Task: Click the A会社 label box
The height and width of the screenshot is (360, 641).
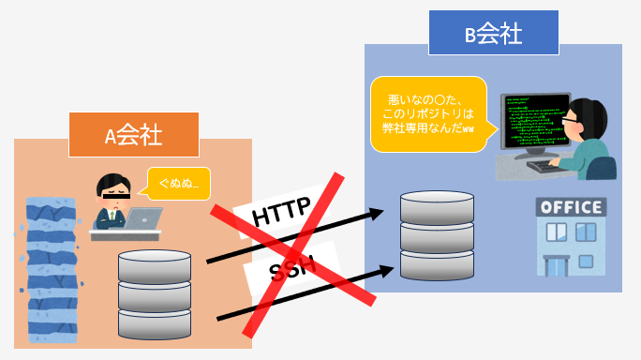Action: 134,135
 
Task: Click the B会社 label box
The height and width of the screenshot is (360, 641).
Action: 494,36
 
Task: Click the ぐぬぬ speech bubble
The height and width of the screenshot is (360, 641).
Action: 177,180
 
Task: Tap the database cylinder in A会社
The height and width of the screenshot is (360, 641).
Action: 155,293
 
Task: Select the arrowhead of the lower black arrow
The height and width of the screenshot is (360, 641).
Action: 386,270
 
